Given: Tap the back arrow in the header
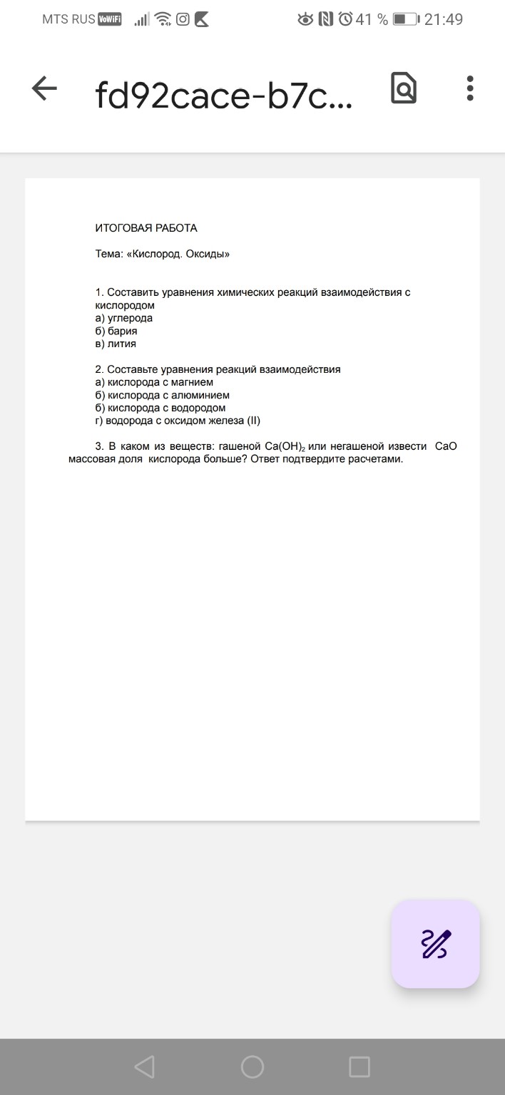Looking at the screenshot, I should click(x=44, y=89).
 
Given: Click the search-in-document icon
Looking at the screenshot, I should click(x=404, y=89).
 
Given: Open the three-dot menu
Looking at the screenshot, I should click(x=469, y=89).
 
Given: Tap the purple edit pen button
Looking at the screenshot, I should click(x=436, y=944).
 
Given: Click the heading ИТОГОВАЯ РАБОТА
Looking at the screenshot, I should click(x=146, y=228).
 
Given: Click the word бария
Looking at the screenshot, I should click(x=123, y=331).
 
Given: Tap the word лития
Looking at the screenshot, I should click(x=122, y=344).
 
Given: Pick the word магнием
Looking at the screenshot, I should click(x=188, y=382).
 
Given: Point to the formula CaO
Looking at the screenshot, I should click(x=446, y=446).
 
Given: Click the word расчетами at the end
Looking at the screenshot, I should click(x=375, y=459).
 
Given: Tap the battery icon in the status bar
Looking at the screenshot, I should click(x=406, y=19).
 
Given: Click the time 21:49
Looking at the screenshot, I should click(x=444, y=19).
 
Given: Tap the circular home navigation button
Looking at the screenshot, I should click(x=252, y=1066).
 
